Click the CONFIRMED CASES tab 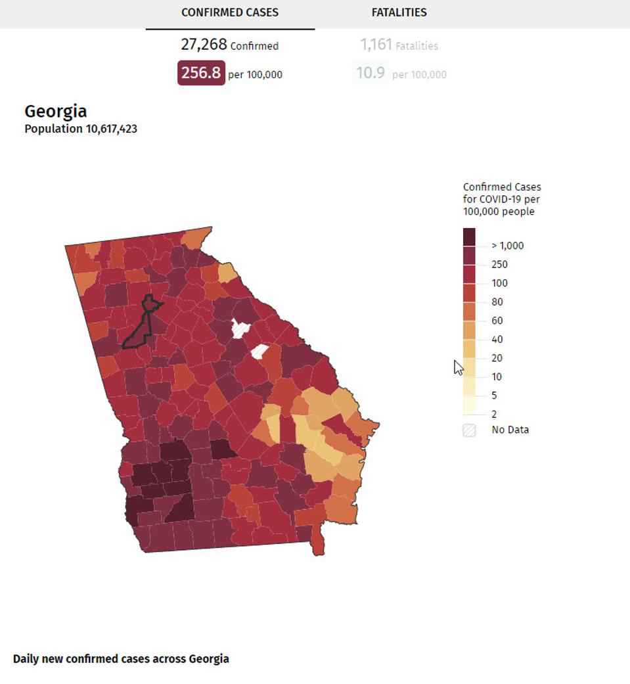[230, 12]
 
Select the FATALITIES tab [399, 12]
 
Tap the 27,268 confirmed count [204, 45]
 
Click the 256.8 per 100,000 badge [201, 73]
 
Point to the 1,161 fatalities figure [376, 45]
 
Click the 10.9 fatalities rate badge [371, 73]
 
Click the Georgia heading [56, 111]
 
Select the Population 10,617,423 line [81, 129]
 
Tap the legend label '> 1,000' [508, 246]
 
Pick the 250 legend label [499, 264]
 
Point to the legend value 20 [497, 358]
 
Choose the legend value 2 [495, 414]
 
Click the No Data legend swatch [469, 430]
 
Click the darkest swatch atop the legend [469, 237]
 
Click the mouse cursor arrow [458, 367]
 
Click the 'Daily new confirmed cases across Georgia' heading [121, 658]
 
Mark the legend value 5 [495, 396]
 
